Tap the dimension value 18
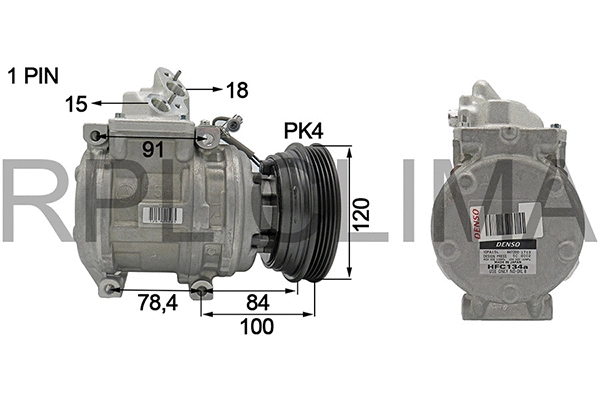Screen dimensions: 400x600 [x=236, y=89]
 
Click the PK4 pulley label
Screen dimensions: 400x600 [x=305, y=131]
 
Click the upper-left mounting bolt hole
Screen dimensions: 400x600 [x=96, y=134]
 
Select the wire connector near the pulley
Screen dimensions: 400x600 [x=236, y=125]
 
